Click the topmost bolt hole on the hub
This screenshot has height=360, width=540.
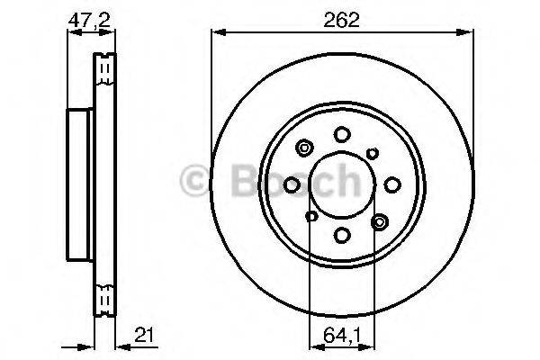click(x=342, y=134)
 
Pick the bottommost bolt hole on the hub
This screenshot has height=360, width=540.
click(x=342, y=236)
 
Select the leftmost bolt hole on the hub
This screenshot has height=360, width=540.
click(x=292, y=184)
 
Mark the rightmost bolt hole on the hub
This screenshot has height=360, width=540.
click(x=393, y=184)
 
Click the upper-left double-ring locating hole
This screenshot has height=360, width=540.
click(x=304, y=149)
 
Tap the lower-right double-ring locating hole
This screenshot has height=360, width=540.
click(x=379, y=220)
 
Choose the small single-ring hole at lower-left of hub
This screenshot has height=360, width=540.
click(x=311, y=216)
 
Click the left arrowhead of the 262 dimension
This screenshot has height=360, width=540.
click(x=216, y=34)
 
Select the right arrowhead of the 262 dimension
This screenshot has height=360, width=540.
click(x=469, y=34)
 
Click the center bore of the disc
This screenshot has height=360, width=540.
click(x=342, y=184)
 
